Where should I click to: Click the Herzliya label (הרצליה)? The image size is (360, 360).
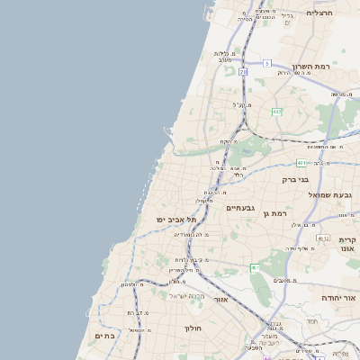tap(319, 13)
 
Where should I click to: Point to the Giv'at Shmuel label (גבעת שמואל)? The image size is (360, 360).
tap(334, 195)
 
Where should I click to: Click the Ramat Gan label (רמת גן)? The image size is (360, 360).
tap(270, 213)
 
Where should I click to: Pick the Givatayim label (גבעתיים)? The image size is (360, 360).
tap(241, 208)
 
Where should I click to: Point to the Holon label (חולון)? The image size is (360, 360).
tap(193, 329)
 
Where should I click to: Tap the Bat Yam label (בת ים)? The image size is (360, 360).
tap(104, 336)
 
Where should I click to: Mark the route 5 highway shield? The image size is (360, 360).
tap(267, 63)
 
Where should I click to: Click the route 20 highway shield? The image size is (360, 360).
tap(243, 72)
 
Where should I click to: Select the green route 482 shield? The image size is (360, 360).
tap(276, 112)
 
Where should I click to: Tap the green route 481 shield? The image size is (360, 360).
tap(301, 163)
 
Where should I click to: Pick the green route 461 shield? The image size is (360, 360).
tap(255, 267)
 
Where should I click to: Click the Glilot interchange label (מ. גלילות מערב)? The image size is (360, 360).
tap(227, 57)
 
